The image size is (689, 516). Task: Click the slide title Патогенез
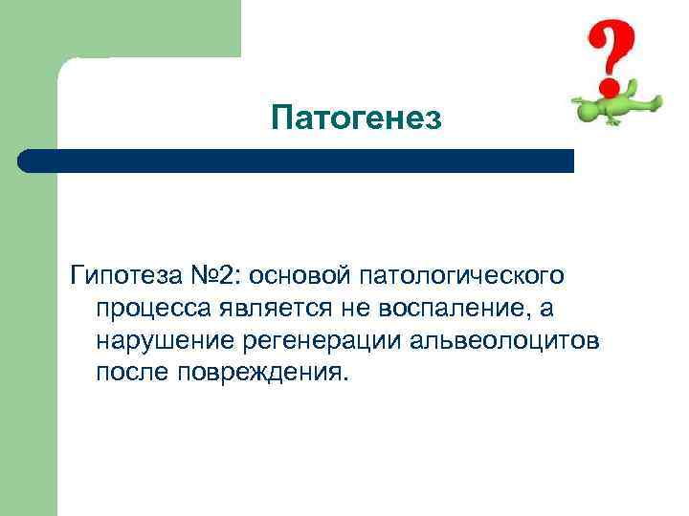tap(356, 118)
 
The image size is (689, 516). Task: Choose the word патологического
tap(463, 277)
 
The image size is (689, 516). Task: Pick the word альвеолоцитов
tap(503, 340)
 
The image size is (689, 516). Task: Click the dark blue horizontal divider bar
tap(297, 161)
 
